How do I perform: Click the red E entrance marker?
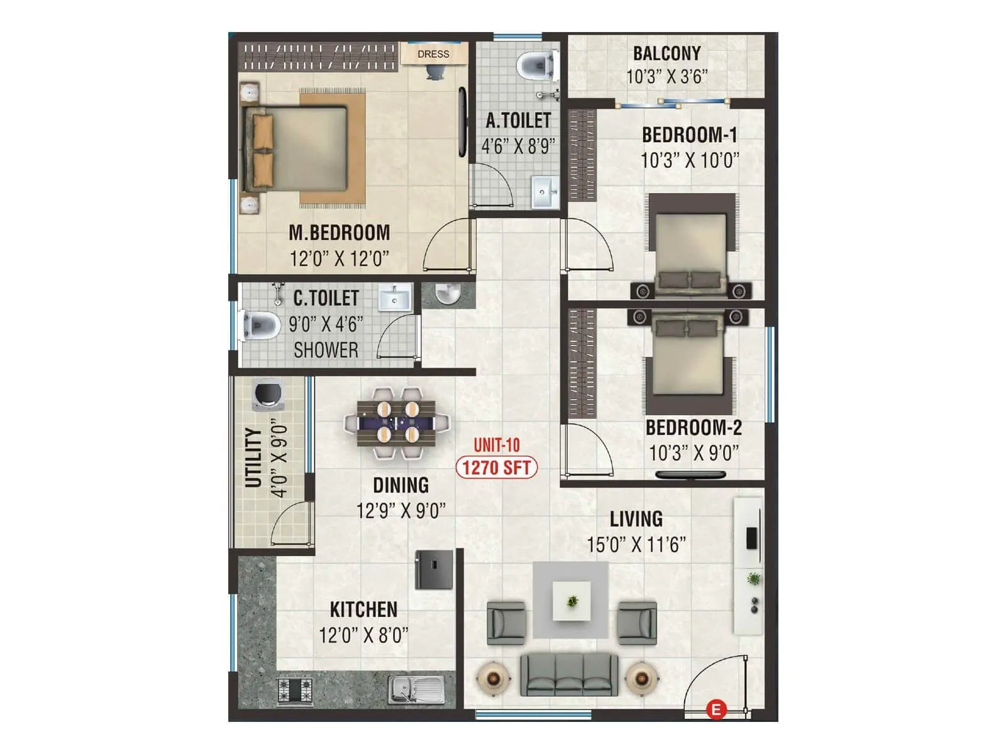click(716, 710)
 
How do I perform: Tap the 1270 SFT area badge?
click(496, 467)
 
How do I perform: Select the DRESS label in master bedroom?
click(433, 54)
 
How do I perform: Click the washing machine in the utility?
click(268, 395)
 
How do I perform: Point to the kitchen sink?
click(416, 689)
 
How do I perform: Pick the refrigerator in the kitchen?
click(434, 569)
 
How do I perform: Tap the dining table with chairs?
click(397, 422)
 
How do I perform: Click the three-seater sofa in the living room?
click(569, 674)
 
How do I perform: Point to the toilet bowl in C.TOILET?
click(262, 325)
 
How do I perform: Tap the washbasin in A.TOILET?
click(544, 192)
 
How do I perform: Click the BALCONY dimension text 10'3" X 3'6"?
click(666, 77)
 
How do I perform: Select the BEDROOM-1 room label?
click(689, 135)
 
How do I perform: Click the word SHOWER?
click(326, 350)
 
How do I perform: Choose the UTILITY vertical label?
click(253, 457)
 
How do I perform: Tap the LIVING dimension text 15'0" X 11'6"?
click(636, 544)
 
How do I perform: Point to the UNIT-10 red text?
click(496, 445)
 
